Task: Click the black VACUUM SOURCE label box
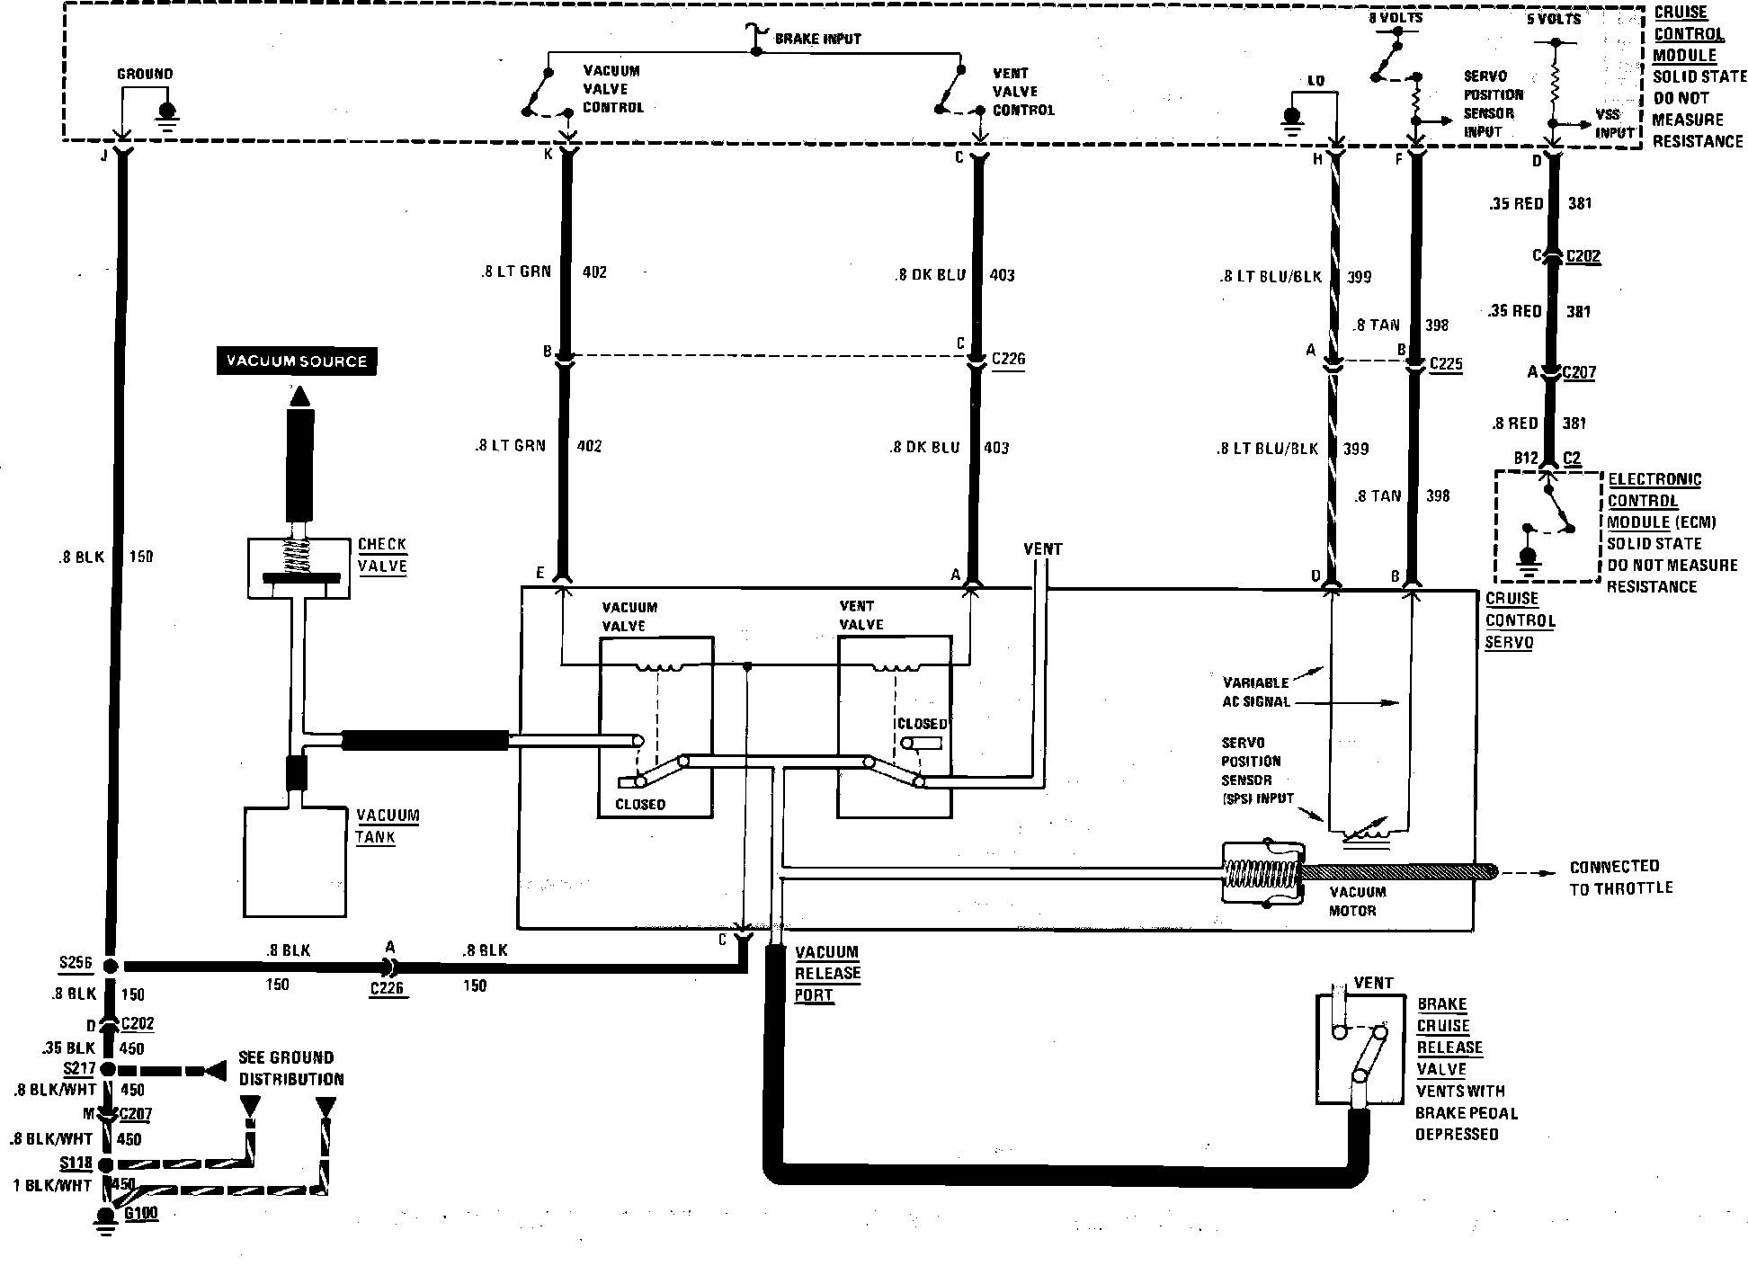tap(296, 361)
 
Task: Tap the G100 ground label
tap(141, 1213)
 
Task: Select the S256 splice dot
tap(110, 967)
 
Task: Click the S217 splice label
tap(78, 1068)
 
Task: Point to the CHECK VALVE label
tap(382, 556)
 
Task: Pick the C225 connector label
tap(1445, 364)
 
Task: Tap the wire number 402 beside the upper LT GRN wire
tap(594, 272)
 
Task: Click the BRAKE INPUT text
tap(817, 39)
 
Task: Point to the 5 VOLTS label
tap(1554, 18)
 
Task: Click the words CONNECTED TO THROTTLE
tap(1621, 877)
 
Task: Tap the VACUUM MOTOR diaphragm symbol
tap(1262, 873)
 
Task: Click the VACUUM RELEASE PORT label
tap(827, 974)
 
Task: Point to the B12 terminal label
tap(1525, 459)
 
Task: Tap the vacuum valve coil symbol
tap(656, 668)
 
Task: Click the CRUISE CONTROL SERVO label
tap(1520, 620)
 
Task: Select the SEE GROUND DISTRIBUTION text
tap(291, 1068)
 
